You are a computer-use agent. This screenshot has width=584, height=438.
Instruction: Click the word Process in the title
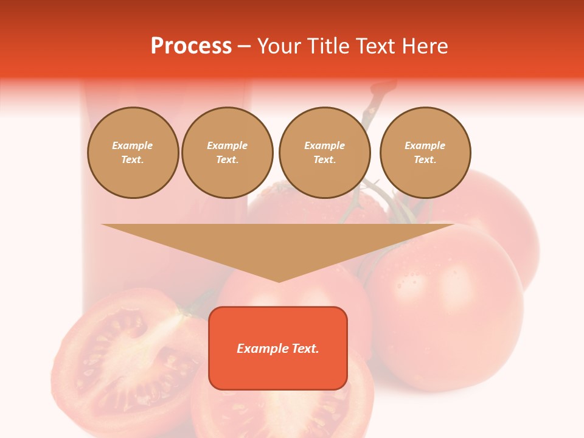191,46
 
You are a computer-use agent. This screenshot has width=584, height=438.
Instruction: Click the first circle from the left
133,153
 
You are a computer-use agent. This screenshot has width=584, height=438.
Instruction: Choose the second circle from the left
227,153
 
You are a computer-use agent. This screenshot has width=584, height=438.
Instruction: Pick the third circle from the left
324,153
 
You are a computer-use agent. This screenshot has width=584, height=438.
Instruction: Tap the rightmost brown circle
425,153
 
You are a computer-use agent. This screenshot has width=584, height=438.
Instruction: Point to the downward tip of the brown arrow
279,280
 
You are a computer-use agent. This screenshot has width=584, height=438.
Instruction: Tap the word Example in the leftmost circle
133,145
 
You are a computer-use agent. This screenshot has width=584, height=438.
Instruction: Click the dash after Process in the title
244,47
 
